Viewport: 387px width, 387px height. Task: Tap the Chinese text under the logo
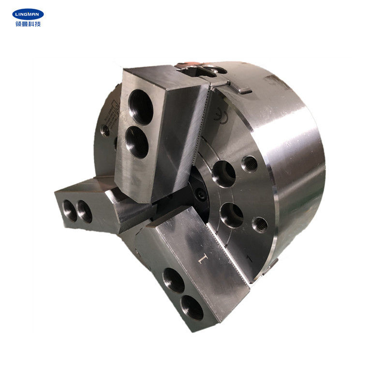[28, 24]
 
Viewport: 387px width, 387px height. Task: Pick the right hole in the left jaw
[84, 212]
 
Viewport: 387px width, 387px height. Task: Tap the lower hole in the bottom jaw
[192, 307]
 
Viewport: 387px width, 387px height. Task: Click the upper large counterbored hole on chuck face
[223, 174]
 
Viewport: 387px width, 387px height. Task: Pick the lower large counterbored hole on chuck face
[232, 215]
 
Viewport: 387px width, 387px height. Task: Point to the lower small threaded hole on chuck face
[260, 224]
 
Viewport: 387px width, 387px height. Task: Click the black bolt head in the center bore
[200, 195]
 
